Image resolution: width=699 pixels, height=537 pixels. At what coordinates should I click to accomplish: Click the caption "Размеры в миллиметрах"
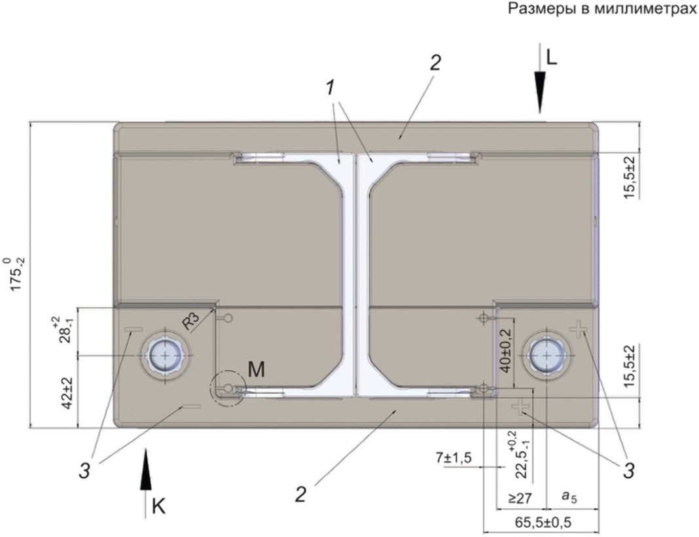coord(603,9)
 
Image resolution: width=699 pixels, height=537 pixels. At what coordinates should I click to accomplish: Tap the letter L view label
coord(552,58)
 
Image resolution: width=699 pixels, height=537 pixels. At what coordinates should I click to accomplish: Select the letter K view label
coord(158,506)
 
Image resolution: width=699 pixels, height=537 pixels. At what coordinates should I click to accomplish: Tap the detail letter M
coord(257,370)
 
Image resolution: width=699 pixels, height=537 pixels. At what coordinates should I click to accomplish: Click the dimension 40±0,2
coord(507,351)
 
